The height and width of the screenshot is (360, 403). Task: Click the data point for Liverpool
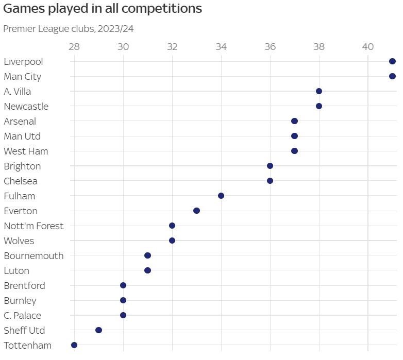tap(392, 61)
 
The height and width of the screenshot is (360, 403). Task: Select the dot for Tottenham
tap(74, 345)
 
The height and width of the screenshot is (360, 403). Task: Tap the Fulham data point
tap(221, 196)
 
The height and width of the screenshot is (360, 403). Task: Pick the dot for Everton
tap(196, 211)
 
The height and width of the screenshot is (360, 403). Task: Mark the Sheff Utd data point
tap(98, 330)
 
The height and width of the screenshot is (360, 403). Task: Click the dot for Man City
tap(392, 76)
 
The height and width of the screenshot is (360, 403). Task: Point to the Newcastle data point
tap(319, 106)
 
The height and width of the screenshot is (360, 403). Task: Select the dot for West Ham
tap(294, 151)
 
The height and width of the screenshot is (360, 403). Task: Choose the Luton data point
tap(147, 270)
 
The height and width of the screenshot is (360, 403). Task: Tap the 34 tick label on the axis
tap(221, 46)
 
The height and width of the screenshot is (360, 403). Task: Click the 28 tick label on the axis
tap(74, 46)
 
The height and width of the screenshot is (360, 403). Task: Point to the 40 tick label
tap(367, 46)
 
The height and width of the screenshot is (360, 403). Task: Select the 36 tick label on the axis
tap(270, 46)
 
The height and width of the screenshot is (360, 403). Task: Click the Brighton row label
tap(22, 166)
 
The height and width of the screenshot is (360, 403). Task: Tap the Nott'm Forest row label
tap(33, 226)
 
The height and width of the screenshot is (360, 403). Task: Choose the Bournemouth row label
tap(33, 256)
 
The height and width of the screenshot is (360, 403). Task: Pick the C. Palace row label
tap(22, 316)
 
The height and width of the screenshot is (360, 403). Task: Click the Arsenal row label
tap(20, 122)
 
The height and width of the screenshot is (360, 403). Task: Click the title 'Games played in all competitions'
tap(103, 9)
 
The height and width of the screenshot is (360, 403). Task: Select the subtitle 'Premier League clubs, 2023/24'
tap(69, 29)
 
